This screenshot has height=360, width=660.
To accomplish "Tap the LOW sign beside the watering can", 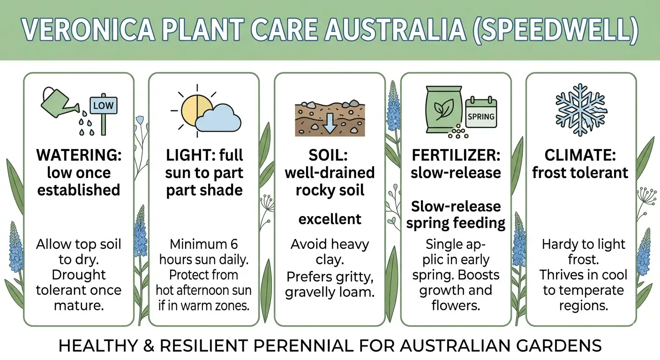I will (x=103, y=105).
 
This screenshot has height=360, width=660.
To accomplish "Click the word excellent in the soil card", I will (x=330, y=219).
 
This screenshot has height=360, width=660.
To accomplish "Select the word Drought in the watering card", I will (x=79, y=275).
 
